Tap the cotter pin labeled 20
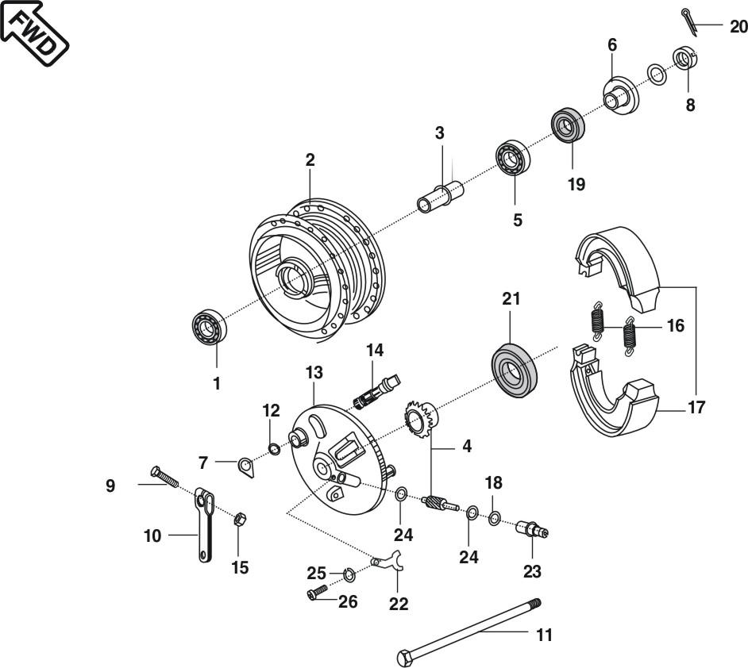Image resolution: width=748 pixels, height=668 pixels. [690, 21]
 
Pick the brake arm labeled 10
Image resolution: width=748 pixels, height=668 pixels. [205, 524]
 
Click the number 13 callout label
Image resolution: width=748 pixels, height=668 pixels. [314, 371]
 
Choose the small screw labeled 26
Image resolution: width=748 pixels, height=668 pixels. [317, 591]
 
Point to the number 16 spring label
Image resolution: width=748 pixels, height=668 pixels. [674, 326]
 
